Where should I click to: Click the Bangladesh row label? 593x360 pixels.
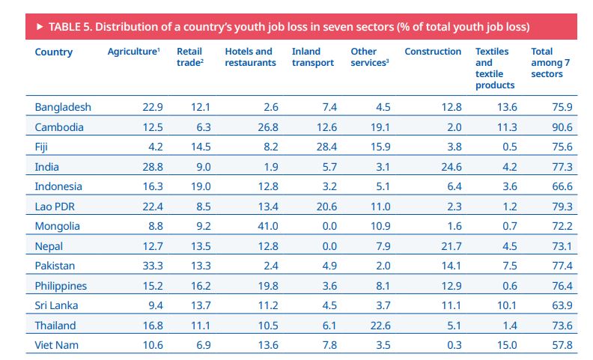tap(63, 107)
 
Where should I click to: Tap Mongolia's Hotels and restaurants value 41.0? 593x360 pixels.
tap(267, 226)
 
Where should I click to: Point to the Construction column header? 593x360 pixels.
tap(433, 52)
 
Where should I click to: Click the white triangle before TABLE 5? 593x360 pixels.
tap(39, 27)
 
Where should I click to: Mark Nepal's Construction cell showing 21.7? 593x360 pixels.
tap(450, 246)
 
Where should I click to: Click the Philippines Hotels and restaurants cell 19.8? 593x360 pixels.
tap(267, 286)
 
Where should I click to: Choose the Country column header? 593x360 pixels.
tap(54, 52)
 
